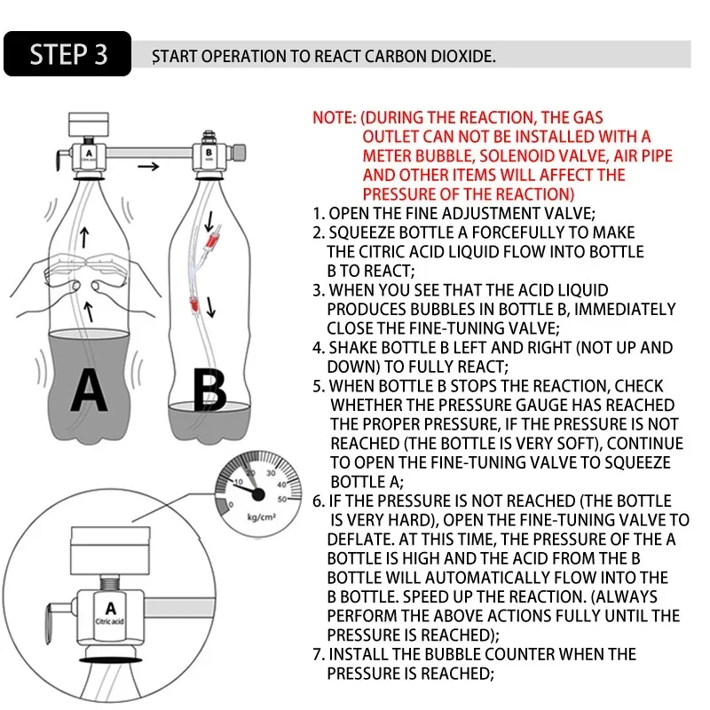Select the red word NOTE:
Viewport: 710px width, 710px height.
click(x=335, y=117)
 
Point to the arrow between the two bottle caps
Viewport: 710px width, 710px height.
click(x=154, y=165)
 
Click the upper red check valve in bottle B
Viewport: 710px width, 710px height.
click(x=210, y=241)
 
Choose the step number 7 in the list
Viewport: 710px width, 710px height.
click(x=319, y=655)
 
